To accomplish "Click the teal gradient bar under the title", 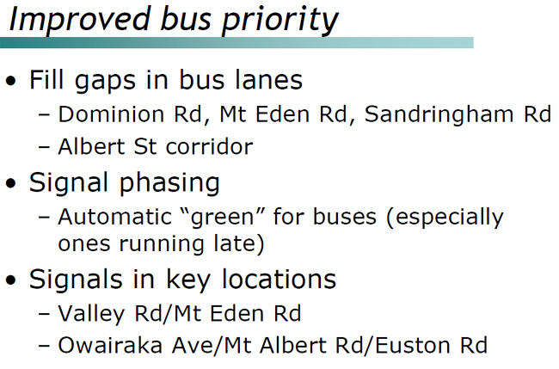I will coord(236,42).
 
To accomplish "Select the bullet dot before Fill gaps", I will coord(11,83).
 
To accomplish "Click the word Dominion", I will coord(102,114).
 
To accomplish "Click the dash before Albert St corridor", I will coord(45,148).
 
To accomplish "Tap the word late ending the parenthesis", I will coord(239,244).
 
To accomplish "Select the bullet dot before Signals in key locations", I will coord(11,280).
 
